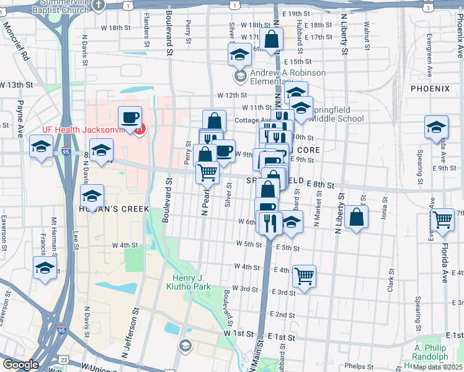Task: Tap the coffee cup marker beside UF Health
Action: point(130,118)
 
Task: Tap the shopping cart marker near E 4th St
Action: point(304,275)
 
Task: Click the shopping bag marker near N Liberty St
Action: point(356,217)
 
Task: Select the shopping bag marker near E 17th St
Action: point(272,40)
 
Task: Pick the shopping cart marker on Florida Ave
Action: point(442,219)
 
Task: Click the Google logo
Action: point(20,365)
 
